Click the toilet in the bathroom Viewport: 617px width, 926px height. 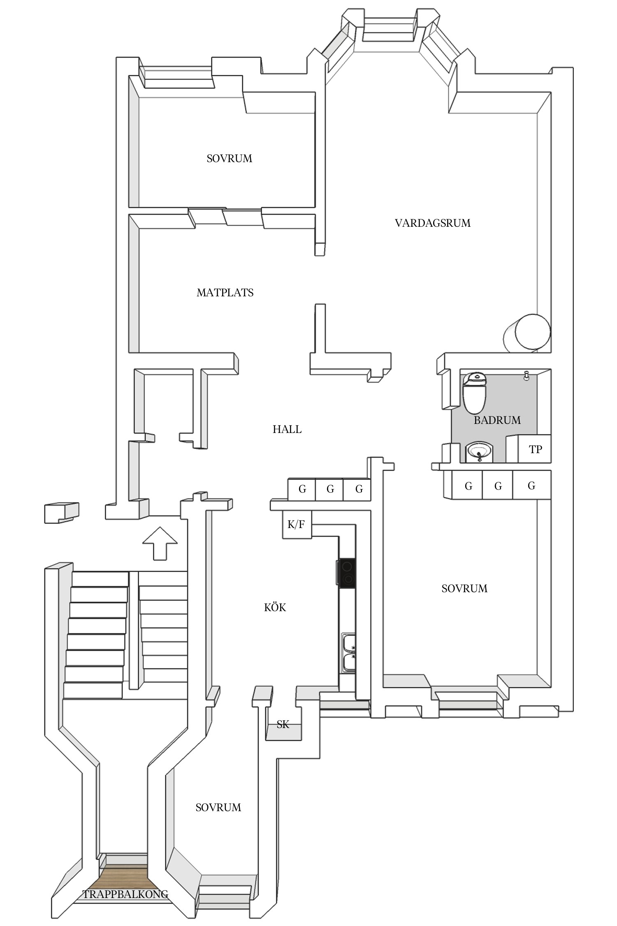tap(475, 393)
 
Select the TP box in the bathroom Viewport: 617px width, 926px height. tap(535, 449)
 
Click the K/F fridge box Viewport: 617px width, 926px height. tap(297, 524)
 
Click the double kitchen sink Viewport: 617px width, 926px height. tap(349, 653)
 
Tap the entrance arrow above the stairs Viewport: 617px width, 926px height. tap(160, 542)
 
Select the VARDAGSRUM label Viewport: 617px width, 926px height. tap(432, 223)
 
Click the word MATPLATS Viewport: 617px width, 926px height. tap(225, 293)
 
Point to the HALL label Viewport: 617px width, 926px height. tap(287, 429)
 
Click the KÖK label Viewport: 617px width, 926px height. tap(275, 607)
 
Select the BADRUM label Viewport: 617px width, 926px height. tap(497, 420)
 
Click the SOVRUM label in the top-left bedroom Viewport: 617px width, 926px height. tap(229, 158)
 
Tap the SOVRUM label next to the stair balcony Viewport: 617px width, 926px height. tap(218, 807)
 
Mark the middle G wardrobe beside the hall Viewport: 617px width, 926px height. tap(330, 489)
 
